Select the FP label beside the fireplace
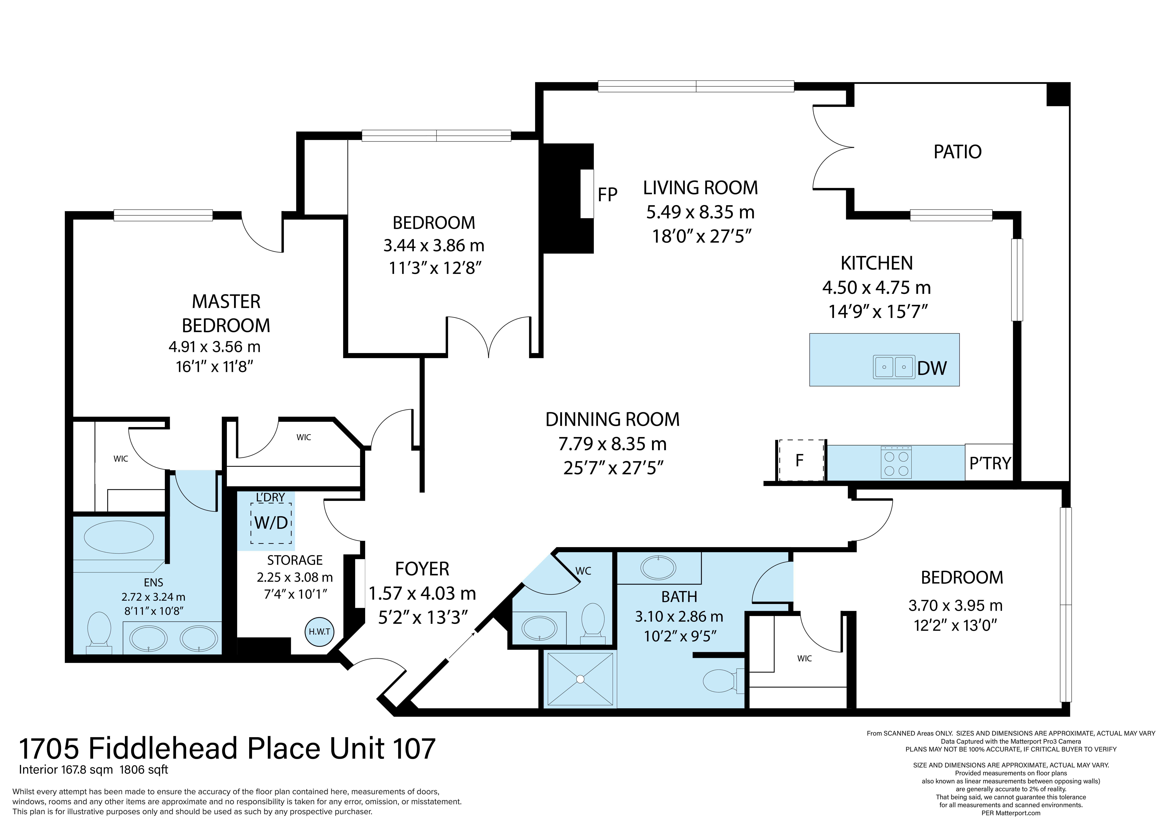[607, 195]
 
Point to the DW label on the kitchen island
[932, 368]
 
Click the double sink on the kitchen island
[894, 367]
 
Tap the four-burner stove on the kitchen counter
[896, 463]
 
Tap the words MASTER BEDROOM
[226, 313]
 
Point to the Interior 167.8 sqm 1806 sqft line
[93, 770]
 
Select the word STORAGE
[295, 560]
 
